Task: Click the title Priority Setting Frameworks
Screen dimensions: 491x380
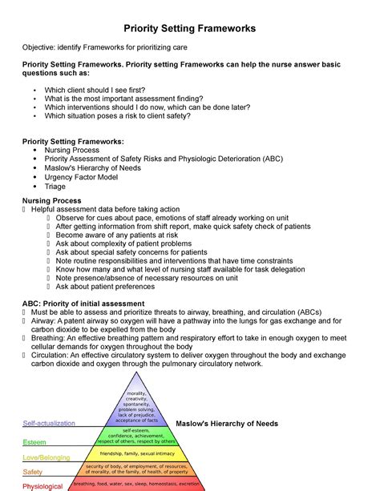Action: (x=189, y=28)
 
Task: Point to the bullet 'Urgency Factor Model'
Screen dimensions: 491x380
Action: (x=80, y=177)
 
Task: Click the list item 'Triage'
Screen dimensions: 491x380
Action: (x=55, y=187)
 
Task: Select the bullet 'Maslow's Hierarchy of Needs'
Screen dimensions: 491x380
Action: (x=94, y=167)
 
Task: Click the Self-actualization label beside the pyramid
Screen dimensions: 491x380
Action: (x=49, y=423)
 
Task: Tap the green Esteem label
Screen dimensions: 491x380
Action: (x=34, y=441)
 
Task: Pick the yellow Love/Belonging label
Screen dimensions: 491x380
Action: (x=46, y=457)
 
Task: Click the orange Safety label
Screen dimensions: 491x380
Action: (x=33, y=472)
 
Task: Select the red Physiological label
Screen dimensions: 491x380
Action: (x=42, y=485)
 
